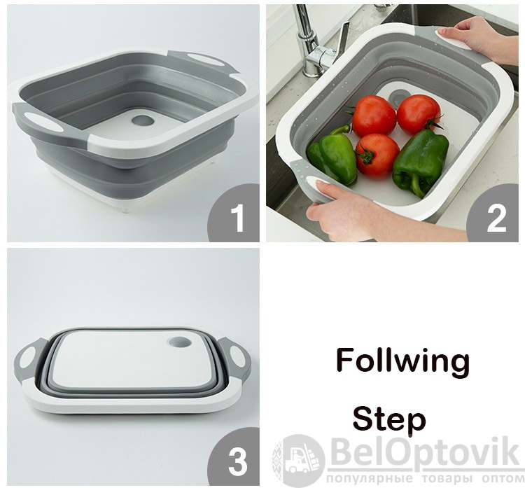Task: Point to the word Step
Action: [x=389, y=420]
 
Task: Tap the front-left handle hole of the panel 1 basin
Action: [x=43, y=122]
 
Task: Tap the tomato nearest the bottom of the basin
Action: [x=377, y=155]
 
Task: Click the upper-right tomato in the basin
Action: [x=419, y=114]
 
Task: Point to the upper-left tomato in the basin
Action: [x=374, y=116]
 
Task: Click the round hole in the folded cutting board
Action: [x=180, y=342]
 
